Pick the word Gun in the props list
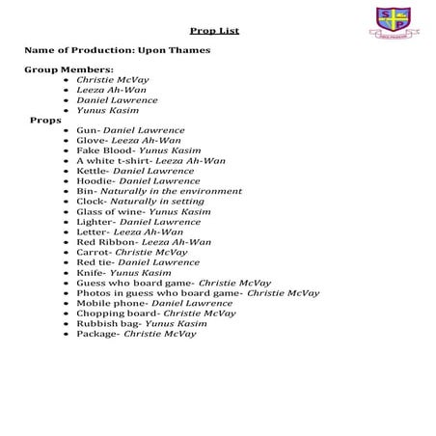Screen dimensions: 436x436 coord(86,130)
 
